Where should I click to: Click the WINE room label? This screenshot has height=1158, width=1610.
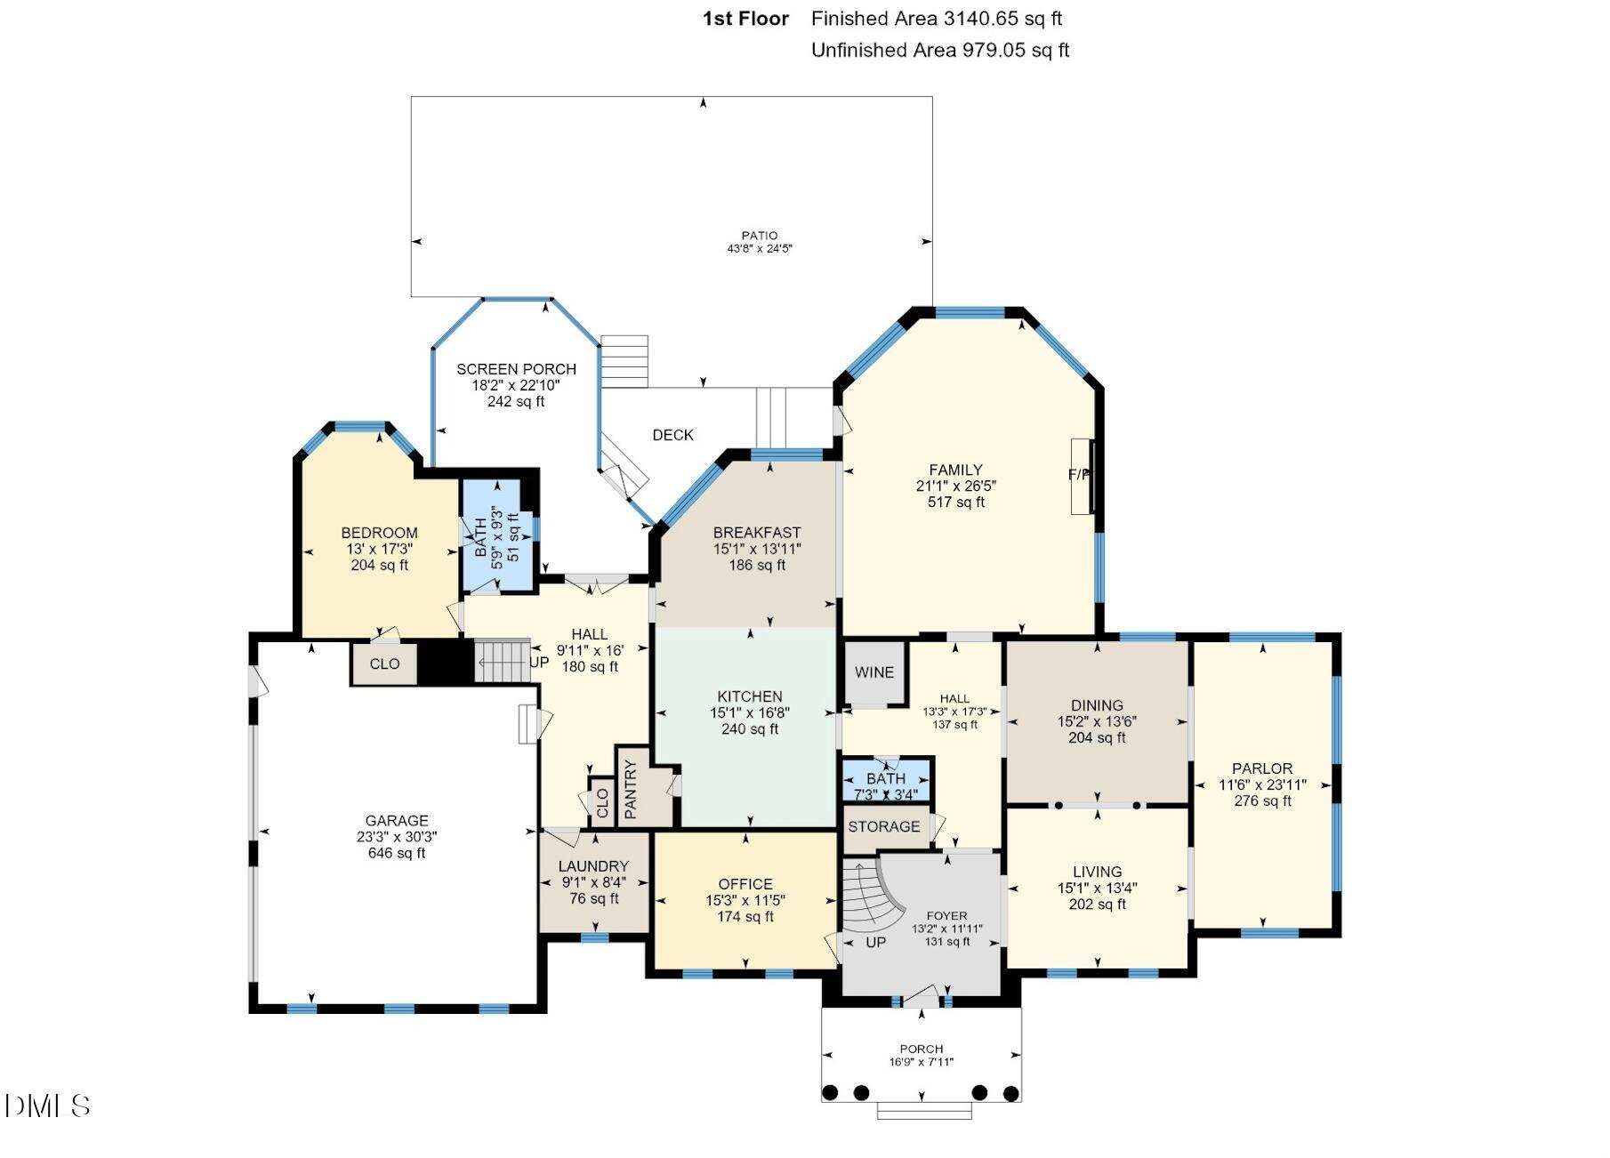(873, 672)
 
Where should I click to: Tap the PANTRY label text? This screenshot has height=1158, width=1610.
(631, 789)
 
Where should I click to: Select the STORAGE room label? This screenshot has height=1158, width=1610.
(884, 826)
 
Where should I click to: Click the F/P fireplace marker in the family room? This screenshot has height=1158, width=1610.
(1079, 475)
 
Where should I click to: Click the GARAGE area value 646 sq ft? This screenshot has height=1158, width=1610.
(397, 853)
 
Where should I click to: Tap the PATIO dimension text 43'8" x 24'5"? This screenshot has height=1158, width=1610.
(760, 249)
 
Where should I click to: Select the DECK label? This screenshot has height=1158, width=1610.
(672, 435)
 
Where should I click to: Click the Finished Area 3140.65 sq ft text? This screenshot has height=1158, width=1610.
(937, 19)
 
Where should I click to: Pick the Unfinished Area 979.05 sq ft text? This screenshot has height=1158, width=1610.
(940, 50)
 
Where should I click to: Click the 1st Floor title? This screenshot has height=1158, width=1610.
(745, 19)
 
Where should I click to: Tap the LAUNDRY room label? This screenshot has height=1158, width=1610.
(593, 866)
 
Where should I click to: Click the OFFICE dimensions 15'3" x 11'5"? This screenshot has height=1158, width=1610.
(745, 900)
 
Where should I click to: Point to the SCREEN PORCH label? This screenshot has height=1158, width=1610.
(516, 369)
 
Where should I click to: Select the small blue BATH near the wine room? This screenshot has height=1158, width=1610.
(886, 780)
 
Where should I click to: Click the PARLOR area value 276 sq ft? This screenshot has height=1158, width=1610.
(1262, 800)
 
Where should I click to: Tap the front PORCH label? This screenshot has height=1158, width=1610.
(922, 1049)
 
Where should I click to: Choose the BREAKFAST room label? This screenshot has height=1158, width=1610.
(757, 533)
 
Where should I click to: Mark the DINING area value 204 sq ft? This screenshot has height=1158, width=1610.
(1097, 737)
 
